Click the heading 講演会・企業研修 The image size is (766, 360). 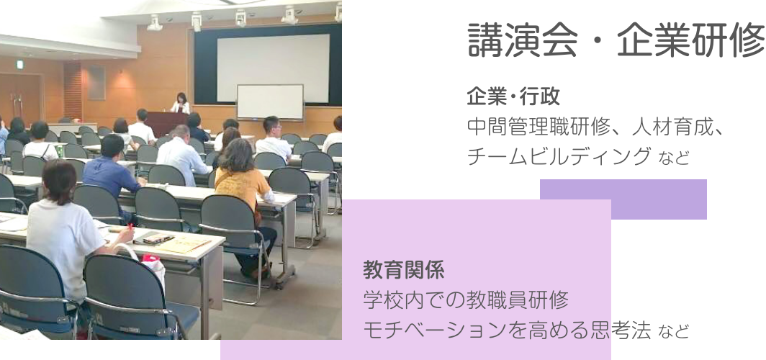tap(616, 40)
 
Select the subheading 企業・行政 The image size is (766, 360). tap(513, 96)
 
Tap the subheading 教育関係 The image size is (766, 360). tap(403, 269)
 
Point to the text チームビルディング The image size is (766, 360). tap(559, 157)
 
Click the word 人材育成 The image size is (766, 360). tap(671, 127)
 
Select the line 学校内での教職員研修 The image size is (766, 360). tap(466, 300)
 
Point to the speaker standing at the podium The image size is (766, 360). tap(181, 103)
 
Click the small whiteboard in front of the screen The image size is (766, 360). tap(270, 102)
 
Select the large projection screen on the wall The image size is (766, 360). tap(273, 68)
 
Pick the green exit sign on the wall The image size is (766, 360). tap(20, 65)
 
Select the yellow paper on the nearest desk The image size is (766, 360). tap(181, 244)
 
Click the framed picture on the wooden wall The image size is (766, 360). tap(96, 83)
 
